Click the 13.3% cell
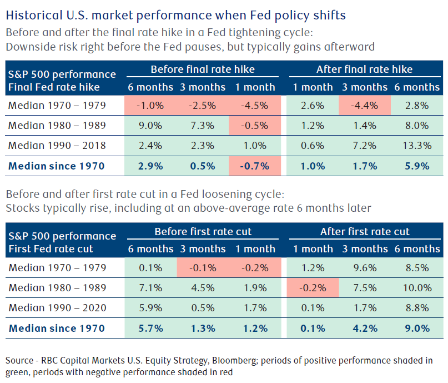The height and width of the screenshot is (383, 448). point(417,146)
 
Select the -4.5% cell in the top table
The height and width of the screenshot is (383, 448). point(255,106)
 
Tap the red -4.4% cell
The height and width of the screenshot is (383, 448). point(365,106)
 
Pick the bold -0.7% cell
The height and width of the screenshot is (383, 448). point(255,166)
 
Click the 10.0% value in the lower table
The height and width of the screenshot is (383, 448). point(417,288)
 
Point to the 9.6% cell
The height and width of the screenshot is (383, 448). point(365,268)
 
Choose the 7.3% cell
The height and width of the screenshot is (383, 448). point(203,126)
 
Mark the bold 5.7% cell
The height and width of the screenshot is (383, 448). point(150,328)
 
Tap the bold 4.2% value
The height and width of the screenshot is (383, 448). point(365,328)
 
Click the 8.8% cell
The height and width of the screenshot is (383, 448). point(417,308)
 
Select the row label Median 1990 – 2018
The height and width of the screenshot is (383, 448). point(57,146)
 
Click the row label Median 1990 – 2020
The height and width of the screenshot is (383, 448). point(57,308)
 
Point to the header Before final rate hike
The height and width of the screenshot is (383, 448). point(203,69)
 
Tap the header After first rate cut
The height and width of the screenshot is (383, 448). point(365,231)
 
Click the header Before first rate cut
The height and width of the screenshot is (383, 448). point(203,231)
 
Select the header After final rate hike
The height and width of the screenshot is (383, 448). point(364,69)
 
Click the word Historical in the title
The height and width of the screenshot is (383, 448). point(34,15)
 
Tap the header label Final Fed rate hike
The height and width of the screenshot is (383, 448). point(54,87)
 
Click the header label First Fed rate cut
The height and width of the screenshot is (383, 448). point(51,249)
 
